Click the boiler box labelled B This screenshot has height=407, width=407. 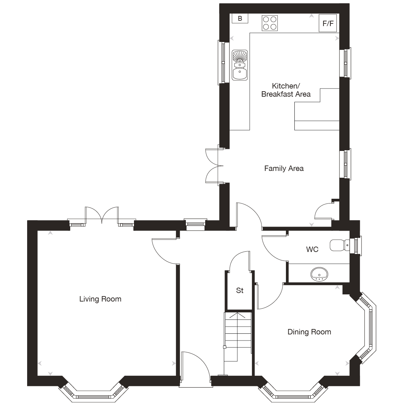(240, 19)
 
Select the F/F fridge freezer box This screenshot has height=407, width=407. (328, 23)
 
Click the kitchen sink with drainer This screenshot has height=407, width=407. (240, 65)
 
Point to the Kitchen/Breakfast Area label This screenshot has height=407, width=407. (286, 90)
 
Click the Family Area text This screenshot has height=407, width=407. (284, 168)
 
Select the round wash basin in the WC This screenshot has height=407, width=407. (319, 273)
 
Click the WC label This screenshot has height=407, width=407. (312, 250)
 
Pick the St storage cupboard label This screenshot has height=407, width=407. (240, 291)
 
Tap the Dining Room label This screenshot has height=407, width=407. (309, 332)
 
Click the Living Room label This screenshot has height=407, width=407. (100, 299)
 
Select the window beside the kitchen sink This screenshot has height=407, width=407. (222, 62)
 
